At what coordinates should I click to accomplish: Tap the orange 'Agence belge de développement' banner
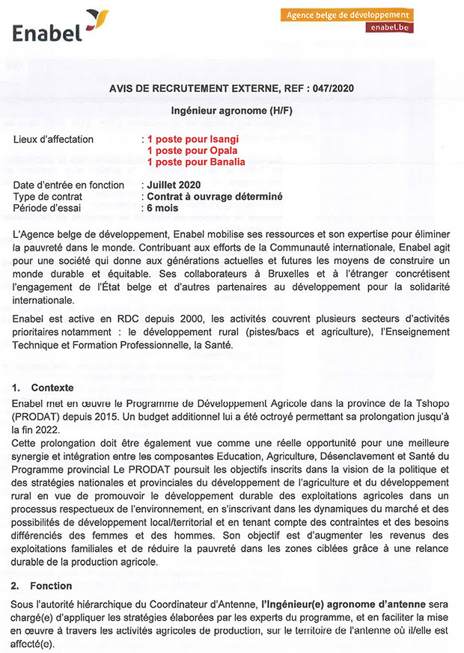349,15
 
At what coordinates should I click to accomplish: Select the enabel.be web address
389,28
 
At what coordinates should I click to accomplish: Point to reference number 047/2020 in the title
332,88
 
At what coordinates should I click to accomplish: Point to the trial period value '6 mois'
162,208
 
